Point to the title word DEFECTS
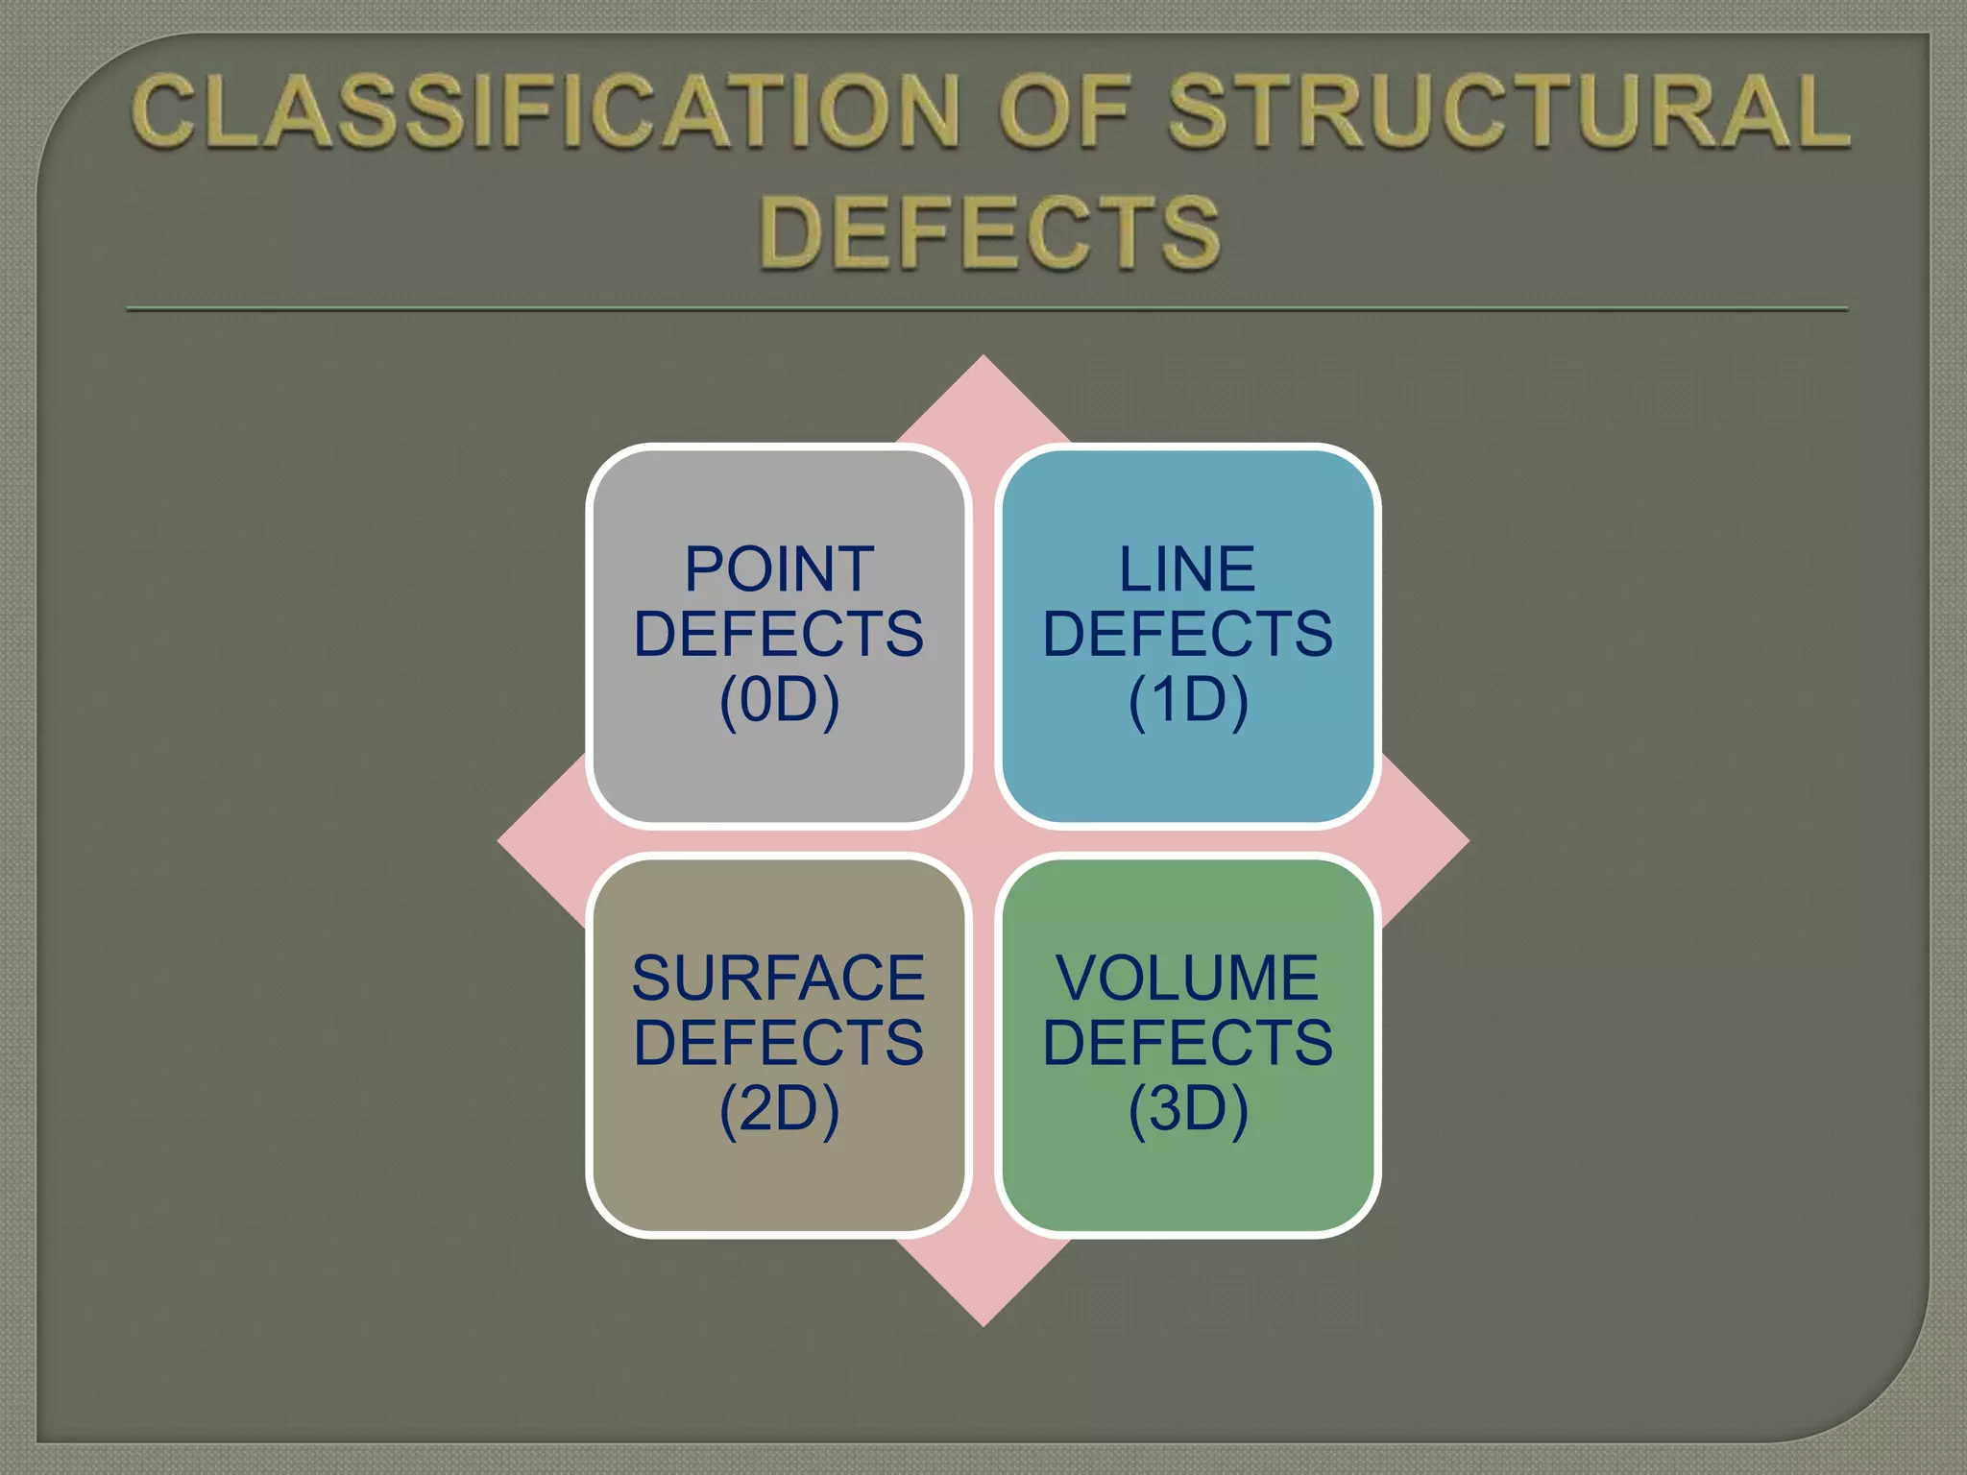click(989, 232)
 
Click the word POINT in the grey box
click(779, 569)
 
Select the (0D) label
click(779, 699)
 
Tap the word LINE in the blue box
click(1187, 569)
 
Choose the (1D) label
click(1187, 699)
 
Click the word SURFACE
click(778, 979)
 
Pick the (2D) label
click(779, 1108)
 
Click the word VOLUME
click(1187, 979)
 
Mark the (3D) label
click(1187, 1108)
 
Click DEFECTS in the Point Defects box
click(779, 634)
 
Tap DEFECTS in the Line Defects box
click(1187, 634)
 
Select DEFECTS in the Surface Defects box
click(779, 1043)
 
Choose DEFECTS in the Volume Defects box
click(1187, 1043)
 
